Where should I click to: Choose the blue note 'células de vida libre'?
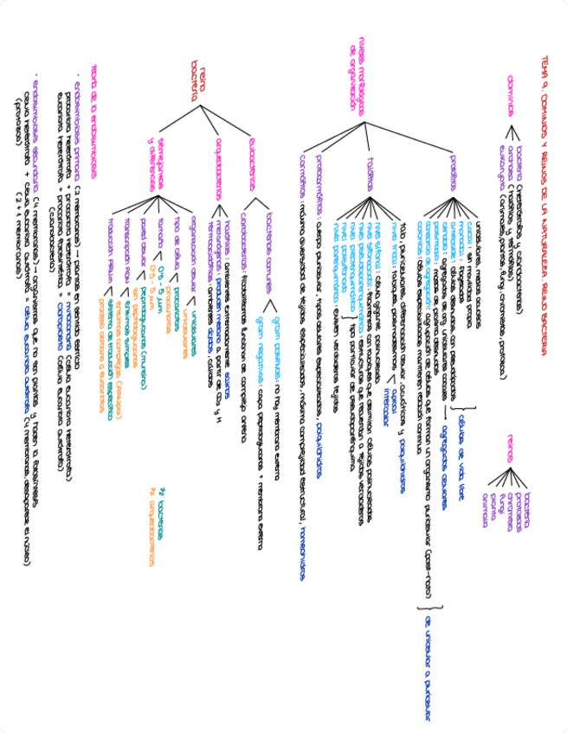461,455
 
